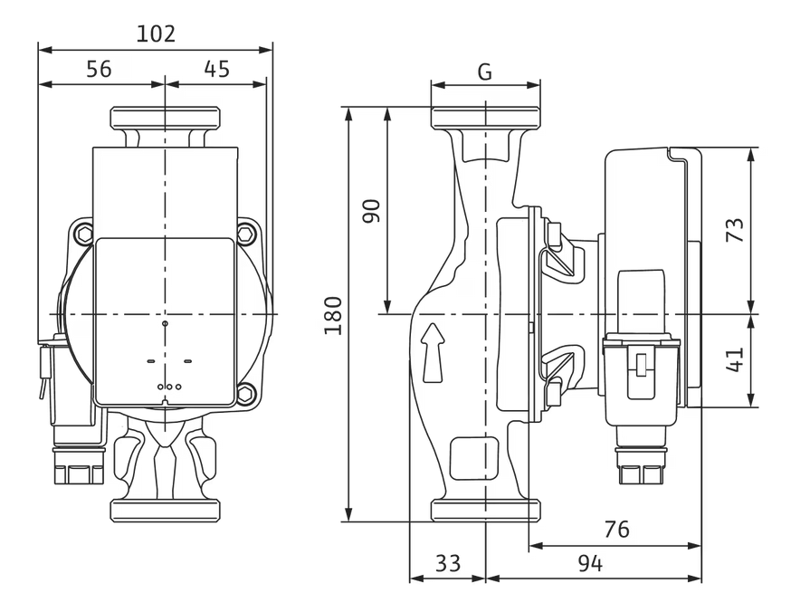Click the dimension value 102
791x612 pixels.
pyautogui.click(x=155, y=34)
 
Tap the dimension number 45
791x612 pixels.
pyautogui.click(x=216, y=70)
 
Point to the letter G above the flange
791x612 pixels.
pyautogui.click(x=485, y=72)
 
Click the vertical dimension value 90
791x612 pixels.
pyautogui.click(x=371, y=210)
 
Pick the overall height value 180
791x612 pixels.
pyautogui.click(x=333, y=314)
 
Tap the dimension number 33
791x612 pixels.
pyautogui.click(x=447, y=564)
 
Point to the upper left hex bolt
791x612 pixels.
pyautogui.click(x=84, y=234)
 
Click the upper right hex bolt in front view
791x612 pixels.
pyautogui.click(x=246, y=234)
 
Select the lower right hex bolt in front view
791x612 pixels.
pyautogui.click(x=246, y=394)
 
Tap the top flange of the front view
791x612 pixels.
pyautogui.click(x=165, y=118)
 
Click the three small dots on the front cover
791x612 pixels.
pyautogui.click(x=168, y=387)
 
